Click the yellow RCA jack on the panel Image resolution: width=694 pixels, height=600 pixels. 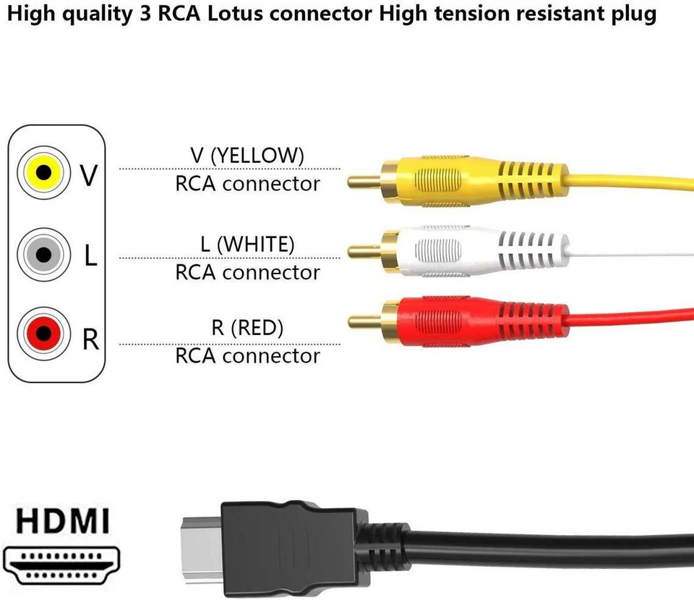[43, 172]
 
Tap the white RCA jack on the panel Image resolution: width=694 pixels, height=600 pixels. [43, 254]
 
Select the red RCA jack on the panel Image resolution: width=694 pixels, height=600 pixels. [43, 334]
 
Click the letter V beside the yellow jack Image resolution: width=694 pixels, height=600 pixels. [89, 174]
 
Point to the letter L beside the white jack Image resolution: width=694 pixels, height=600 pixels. [90, 255]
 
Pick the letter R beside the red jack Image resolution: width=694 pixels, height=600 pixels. [90, 339]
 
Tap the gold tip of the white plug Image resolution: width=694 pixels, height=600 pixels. [364, 252]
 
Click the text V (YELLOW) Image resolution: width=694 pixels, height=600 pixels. [247, 155]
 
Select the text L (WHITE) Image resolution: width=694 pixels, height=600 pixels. [247, 244]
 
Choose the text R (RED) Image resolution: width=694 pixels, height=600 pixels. [247, 327]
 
